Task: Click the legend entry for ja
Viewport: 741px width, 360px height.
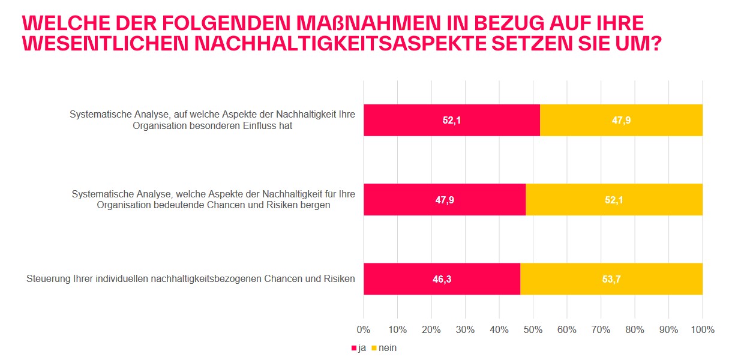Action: (x=358, y=348)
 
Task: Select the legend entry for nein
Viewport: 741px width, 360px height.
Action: (x=383, y=348)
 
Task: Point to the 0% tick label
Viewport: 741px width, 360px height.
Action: (x=364, y=329)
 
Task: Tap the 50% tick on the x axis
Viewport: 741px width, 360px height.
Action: (x=533, y=329)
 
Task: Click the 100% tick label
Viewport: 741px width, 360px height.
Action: (x=703, y=329)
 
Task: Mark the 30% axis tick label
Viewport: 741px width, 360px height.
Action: (x=465, y=329)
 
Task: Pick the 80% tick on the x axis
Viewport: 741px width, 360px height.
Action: (x=635, y=329)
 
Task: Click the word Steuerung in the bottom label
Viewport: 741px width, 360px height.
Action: (x=46, y=278)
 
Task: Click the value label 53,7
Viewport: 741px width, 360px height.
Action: (x=611, y=279)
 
